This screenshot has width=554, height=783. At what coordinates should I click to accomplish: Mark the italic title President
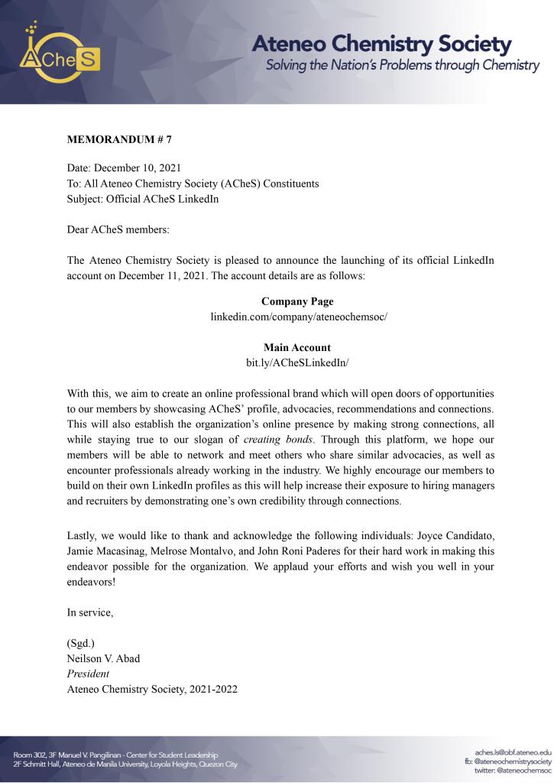88,674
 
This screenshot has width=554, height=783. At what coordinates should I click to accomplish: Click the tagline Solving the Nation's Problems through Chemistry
402,65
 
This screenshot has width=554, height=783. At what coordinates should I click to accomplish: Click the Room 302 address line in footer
115,755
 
